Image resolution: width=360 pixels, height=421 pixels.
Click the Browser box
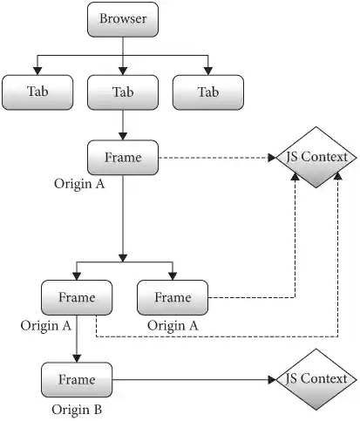(123, 19)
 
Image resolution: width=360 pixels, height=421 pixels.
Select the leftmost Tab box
(37, 92)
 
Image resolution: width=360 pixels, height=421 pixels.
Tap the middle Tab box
(123, 92)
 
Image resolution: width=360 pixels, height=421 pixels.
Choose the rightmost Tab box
(208, 92)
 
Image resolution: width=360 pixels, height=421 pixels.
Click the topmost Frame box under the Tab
(123, 158)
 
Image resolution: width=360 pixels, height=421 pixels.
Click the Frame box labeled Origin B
(77, 379)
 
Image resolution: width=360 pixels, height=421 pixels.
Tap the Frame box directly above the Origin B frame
(77, 297)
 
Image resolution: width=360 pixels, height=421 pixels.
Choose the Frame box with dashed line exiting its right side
(173, 297)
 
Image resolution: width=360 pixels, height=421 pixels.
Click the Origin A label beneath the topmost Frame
(81, 185)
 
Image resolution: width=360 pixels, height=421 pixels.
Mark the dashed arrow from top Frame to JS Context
(218, 158)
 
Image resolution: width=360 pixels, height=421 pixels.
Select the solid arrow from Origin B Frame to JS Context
(192, 379)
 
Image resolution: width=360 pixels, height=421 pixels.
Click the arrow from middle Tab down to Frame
(123, 125)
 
